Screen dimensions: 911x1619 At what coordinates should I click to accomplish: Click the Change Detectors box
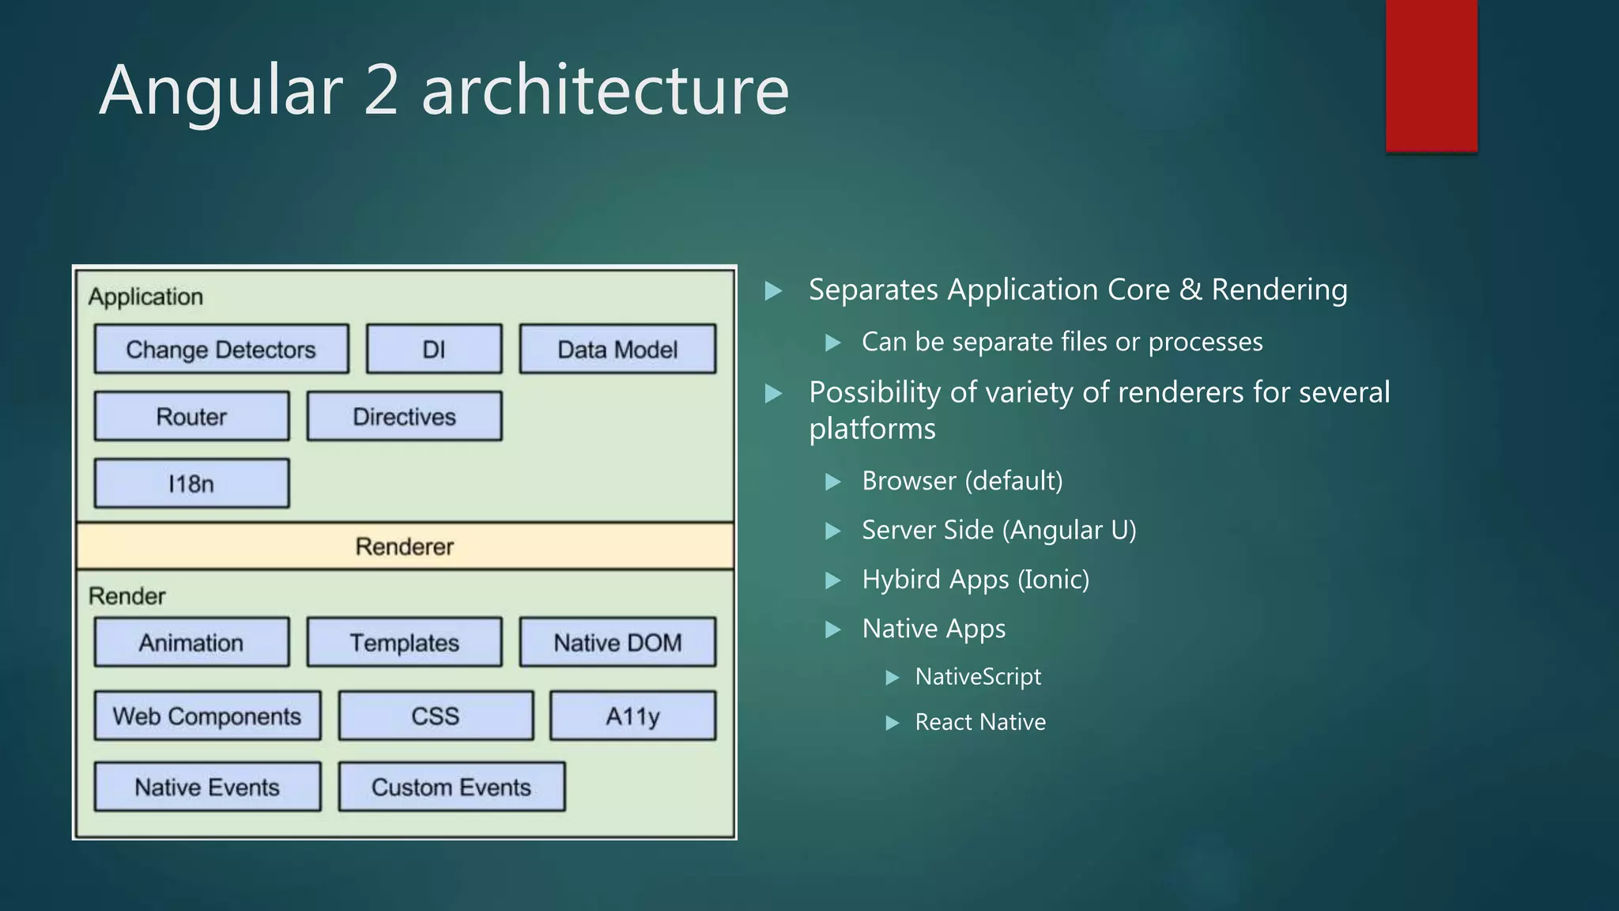221,349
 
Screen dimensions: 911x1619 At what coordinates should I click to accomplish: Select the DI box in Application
434,349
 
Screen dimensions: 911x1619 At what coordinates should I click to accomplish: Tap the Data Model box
617,349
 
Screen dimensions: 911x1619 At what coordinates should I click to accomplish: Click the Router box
191,416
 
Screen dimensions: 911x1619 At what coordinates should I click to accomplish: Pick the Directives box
404,416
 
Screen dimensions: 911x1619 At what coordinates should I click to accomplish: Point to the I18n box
191,483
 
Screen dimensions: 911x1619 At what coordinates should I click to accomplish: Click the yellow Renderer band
404,546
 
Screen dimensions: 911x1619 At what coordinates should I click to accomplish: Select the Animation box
191,642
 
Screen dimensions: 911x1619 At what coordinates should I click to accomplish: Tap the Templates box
404,642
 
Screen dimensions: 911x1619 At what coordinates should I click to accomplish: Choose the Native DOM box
617,642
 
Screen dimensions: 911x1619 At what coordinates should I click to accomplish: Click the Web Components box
207,716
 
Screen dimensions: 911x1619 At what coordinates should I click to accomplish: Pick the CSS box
436,716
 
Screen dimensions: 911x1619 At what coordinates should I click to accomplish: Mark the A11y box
632,716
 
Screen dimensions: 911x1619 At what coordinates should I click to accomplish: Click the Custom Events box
451,787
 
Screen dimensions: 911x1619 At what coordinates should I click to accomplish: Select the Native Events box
207,787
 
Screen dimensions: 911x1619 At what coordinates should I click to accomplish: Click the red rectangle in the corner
1431,75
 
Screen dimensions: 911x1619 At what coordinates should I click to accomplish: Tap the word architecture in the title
605,90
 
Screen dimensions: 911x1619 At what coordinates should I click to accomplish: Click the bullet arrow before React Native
893,723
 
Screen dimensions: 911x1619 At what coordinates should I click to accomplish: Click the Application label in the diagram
145,297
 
